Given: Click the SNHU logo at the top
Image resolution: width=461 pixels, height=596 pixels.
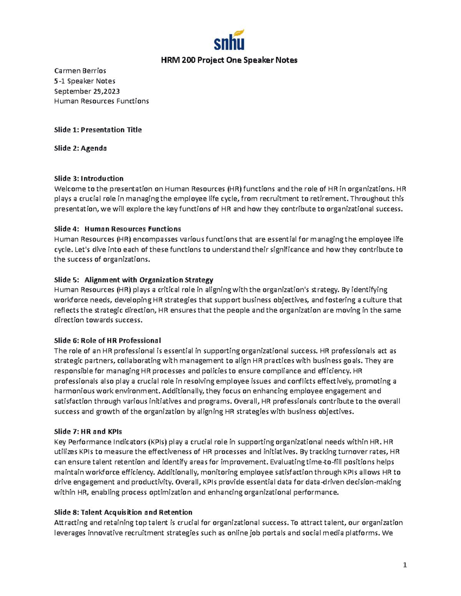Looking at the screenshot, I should click(x=229, y=40).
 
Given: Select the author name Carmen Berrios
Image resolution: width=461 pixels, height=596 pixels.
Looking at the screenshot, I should click(x=80, y=71).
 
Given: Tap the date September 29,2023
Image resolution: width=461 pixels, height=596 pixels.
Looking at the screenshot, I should click(x=87, y=91).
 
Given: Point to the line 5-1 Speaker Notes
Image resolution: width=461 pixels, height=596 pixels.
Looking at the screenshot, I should click(x=85, y=81).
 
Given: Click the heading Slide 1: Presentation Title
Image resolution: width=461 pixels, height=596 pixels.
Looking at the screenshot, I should click(x=98, y=130).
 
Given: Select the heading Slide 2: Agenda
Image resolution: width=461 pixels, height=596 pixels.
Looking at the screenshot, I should click(x=80, y=148).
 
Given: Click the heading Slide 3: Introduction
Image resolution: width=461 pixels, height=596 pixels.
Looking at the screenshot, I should click(x=89, y=178).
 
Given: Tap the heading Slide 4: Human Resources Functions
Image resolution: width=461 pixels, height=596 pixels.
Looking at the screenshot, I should click(x=118, y=229).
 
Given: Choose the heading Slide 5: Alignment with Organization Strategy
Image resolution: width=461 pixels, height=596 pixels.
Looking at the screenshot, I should click(x=134, y=280).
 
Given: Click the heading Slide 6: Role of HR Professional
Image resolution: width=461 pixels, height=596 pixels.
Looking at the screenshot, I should click(x=108, y=340).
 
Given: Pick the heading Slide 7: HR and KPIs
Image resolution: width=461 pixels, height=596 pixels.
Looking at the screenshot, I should click(x=88, y=431).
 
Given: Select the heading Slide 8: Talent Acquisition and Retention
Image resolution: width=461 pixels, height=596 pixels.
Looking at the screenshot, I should click(x=123, y=512).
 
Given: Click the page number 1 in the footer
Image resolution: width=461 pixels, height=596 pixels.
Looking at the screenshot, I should click(x=405, y=565).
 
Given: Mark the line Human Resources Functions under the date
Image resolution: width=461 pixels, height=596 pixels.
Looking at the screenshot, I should click(x=101, y=101).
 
